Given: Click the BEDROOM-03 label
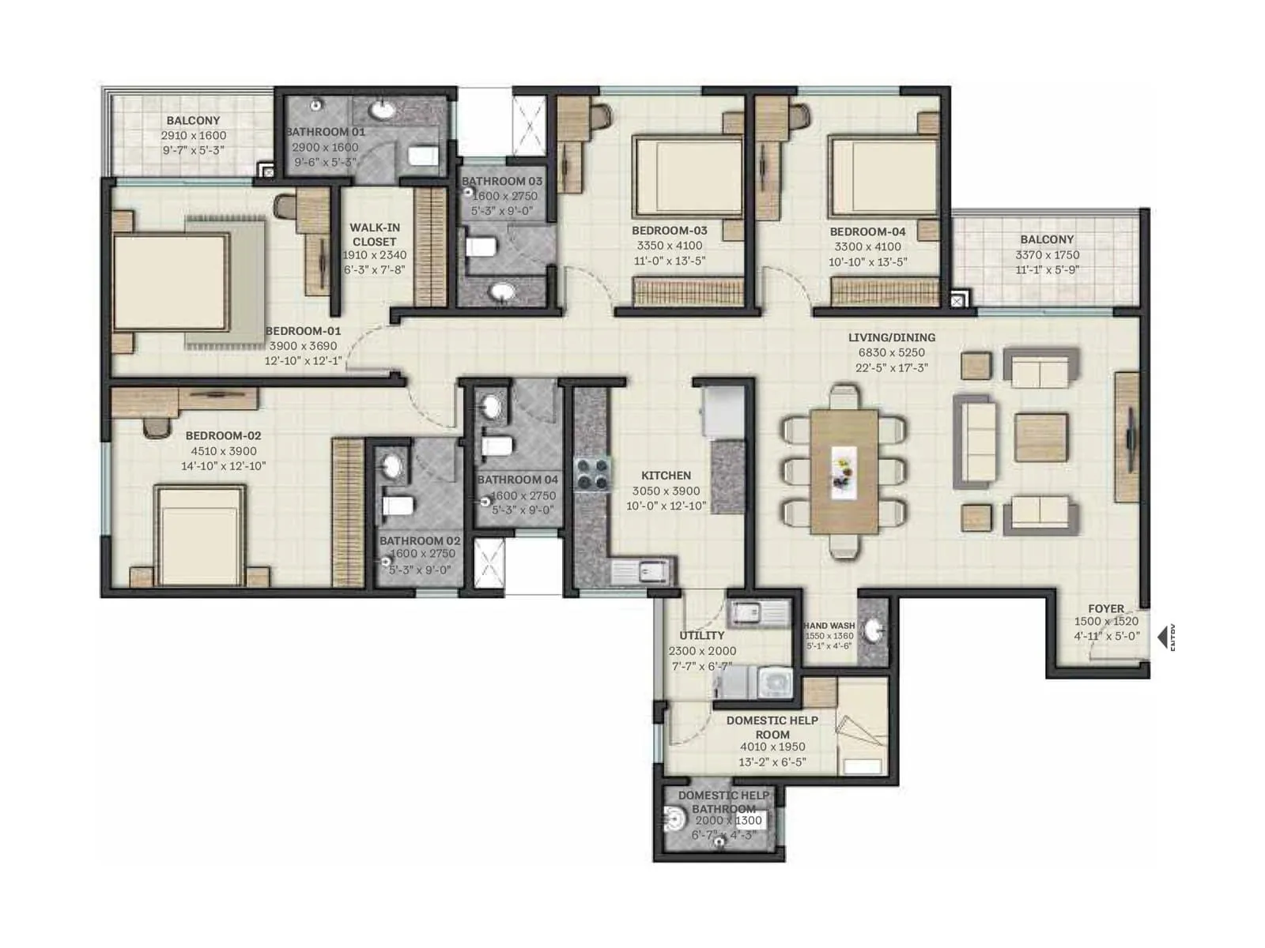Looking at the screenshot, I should coord(669,231).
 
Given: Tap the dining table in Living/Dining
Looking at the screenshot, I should coord(844,471).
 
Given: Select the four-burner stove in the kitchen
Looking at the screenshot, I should coord(592,474).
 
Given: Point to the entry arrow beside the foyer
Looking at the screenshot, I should coord(1163,637).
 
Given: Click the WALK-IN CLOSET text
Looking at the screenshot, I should coord(375,235).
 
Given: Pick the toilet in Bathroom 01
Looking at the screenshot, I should coord(424,156).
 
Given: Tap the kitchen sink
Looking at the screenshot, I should coord(653,570).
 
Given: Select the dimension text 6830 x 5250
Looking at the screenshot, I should coord(891,352).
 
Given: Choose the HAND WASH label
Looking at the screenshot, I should coord(829,626).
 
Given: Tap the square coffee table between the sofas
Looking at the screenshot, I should coord(1040,437).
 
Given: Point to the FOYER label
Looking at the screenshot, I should coord(1105,608).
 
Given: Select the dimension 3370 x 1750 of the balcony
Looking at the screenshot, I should coord(1047,254).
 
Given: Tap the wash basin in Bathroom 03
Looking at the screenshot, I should coord(501,293).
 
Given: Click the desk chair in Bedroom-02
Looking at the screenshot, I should coord(156,427).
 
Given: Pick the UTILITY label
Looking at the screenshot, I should coord(701,635).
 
